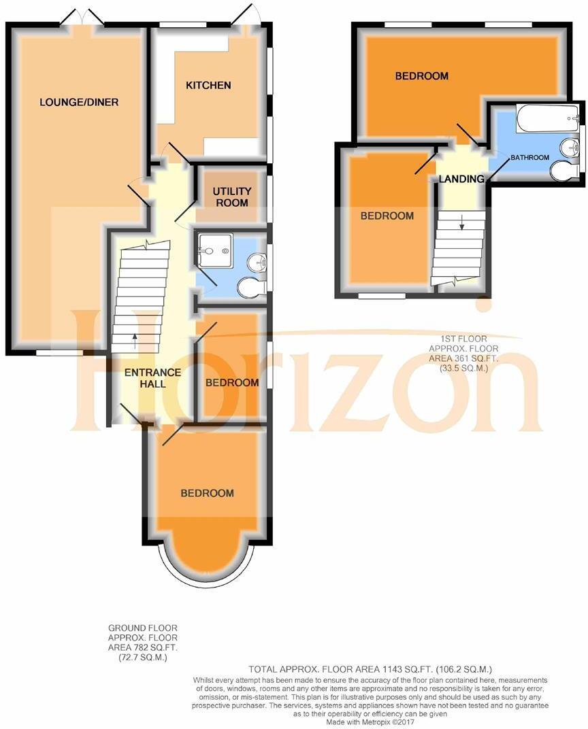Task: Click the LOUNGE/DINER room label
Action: (79, 103)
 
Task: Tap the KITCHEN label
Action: (208, 86)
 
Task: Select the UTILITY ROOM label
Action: (231, 197)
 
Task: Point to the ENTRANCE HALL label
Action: (152, 378)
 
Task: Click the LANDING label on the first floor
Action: (461, 180)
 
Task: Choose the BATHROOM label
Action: (529, 158)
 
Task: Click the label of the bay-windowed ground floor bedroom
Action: (207, 494)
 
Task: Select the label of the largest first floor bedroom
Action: (421, 76)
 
